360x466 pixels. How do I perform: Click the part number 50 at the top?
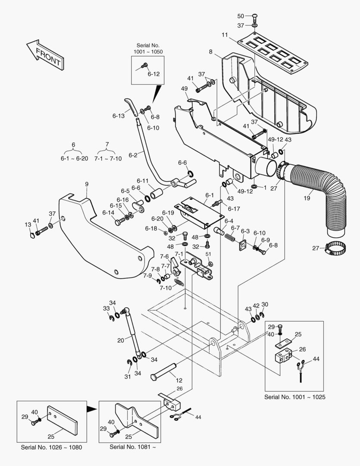coord(241,16)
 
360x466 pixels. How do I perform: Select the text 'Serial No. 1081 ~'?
coord(132,447)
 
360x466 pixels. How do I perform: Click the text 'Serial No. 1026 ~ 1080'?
coord(51,447)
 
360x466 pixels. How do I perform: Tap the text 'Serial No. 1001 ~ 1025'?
coord(294,397)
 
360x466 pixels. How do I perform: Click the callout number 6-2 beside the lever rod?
coord(133,155)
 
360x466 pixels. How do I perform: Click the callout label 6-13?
coord(118,116)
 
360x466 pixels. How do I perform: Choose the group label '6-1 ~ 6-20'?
coord(74,158)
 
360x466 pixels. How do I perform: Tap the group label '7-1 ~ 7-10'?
coord(108,158)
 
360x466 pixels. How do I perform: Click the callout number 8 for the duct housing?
coord(210,52)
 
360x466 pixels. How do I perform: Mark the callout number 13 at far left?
coord(28,225)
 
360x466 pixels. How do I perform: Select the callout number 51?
coord(208,254)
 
